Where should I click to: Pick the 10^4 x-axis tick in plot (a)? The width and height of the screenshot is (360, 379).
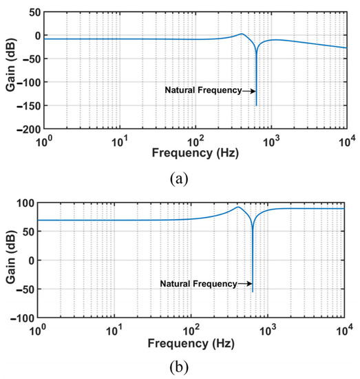[345, 141]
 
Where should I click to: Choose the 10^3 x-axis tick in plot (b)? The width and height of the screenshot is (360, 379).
[267, 329]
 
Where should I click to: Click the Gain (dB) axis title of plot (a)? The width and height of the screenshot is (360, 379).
[9, 70]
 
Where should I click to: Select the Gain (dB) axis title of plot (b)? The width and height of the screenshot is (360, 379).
[9, 260]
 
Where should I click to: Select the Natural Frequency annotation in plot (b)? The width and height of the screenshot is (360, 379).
[198, 283]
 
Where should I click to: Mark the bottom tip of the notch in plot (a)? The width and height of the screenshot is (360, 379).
[256, 105]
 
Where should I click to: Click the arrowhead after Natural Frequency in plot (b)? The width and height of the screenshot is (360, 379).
[249, 283]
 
